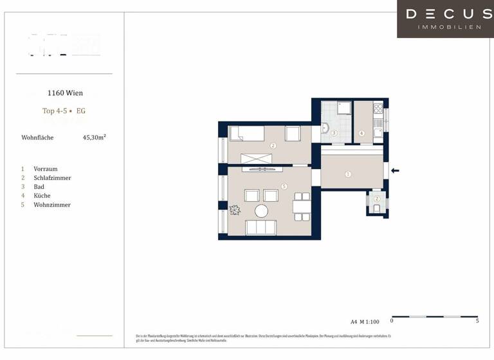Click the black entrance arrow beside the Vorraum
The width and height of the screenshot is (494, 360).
pyautogui.click(x=396, y=170)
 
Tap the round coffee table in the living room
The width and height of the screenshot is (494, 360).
pyautogui.click(x=262, y=211)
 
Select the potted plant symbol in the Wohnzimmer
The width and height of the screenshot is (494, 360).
pyautogui.click(x=235, y=210)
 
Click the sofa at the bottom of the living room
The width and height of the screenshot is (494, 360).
pyautogui.click(x=262, y=228)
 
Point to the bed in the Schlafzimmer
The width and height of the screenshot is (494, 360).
pyautogui.click(x=248, y=134)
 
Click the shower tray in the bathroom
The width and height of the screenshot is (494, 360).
pyautogui.click(x=344, y=108)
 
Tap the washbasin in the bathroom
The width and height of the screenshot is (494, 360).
pyautogui.click(x=325, y=129)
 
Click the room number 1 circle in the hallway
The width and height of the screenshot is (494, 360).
pyautogui.click(x=348, y=174)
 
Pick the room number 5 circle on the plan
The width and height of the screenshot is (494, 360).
pyautogui.click(x=284, y=186)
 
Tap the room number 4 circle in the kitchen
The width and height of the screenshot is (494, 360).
pyautogui.click(x=361, y=134)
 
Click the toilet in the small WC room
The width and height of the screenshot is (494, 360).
pyautogui.click(x=377, y=207)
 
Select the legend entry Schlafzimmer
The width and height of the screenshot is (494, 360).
pyautogui.click(x=52, y=178)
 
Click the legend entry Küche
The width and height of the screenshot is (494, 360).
pyautogui.click(x=42, y=196)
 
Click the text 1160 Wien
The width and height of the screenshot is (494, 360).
pyautogui.click(x=65, y=93)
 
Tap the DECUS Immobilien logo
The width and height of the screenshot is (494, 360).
pyautogui.click(x=445, y=19)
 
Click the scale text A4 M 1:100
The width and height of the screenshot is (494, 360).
pyautogui.click(x=365, y=321)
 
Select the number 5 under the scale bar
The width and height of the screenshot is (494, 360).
pyautogui.click(x=477, y=321)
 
